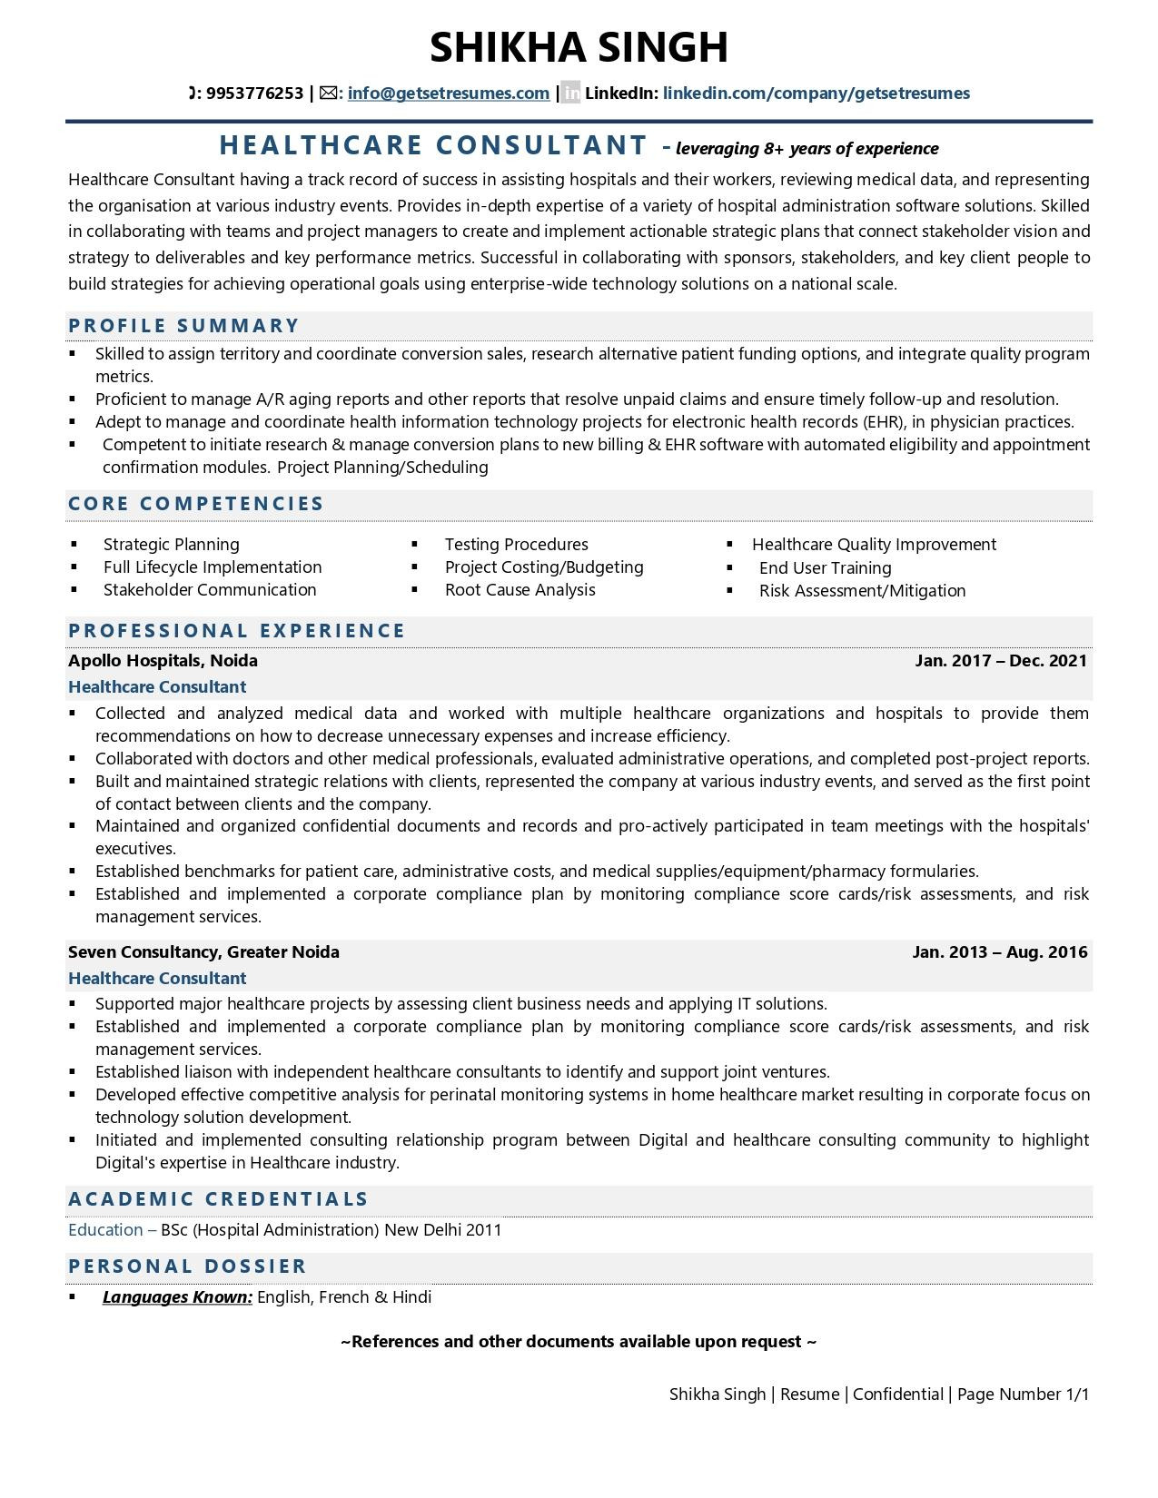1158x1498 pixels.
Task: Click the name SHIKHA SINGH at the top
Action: pyautogui.click(x=579, y=47)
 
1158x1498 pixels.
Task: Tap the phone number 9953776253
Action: pyautogui.click(x=254, y=93)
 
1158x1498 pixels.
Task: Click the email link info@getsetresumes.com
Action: pyautogui.click(x=448, y=93)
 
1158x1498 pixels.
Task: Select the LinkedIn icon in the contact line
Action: pyautogui.click(x=570, y=93)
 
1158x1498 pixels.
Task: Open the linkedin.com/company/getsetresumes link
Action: pyautogui.click(x=816, y=93)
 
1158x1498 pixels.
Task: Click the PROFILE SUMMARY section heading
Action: pyautogui.click(x=184, y=326)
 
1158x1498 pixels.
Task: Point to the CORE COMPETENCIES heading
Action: pyautogui.click(x=196, y=504)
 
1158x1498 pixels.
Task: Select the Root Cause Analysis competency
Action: pyautogui.click(x=520, y=590)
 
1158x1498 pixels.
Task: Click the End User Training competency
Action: pyautogui.click(x=825, y=568)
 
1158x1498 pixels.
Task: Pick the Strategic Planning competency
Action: pyautogui.click(x=171, y=545)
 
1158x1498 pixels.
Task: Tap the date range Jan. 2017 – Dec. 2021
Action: pyautogui.click(x=1000, y=661)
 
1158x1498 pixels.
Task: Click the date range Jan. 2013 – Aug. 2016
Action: pyautogui.click(x=999, y=952)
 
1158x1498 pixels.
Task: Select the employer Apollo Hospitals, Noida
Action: pyautogui.click(x=163, y=661)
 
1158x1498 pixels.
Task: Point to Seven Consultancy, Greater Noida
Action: pyautogui.click(x=203, y=952)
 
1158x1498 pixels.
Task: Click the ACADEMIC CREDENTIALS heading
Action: pyautogui.click(x=219, y=1199)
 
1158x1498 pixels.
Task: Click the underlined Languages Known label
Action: pyautogui.click(x=177, y=1297)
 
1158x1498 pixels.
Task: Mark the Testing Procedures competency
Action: pyautogui.click(x=516, y=545)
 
